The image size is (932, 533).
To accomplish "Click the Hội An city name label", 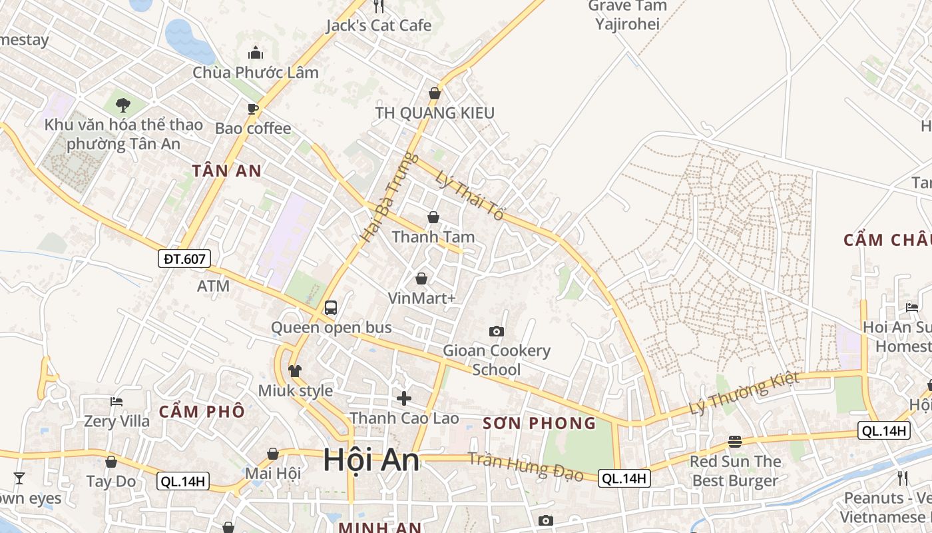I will pyautogui.click(x=371, y=460).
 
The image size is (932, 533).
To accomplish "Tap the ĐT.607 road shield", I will pyautogui.click(x=184, y=259).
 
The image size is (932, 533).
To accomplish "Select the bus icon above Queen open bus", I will pyautogui.click(x=331, y=308).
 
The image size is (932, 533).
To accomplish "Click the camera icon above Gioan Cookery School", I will pyautogui.click(x=496, y=331).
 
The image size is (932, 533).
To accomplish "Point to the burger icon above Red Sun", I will pyautogui.click(x=735, y=441).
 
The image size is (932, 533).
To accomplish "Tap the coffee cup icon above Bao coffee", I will pyautogui.click(x=252, y=109).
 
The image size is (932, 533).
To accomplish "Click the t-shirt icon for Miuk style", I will pyautogui.click(x=295, y=370).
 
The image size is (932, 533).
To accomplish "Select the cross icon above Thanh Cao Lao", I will pyautogui.click(x=404, y=398).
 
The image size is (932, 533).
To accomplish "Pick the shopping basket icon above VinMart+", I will pyautogui.click(x=421, y=278).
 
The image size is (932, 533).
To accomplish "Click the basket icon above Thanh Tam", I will pyautogui.click(x=433, y=217).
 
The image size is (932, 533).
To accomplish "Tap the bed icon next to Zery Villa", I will pyautogui.click(x=116, y=401).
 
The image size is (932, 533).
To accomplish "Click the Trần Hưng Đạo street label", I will pyautogui.click(x=525, y=466).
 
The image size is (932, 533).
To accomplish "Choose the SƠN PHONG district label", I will pyautogui.click(x=539, y=423).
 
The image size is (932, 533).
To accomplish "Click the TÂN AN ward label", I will pyautogui.click(x=227, y=171).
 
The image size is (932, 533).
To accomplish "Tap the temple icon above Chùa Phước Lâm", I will pyautogui.click(x=255, y=53).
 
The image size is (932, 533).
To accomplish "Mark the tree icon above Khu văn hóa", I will pyautogui.click(x=122, y=105).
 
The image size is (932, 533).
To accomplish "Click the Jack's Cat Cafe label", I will pyautogui.click(x=379, y=26).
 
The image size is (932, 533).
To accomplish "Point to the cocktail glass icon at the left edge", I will pyautogui.click(x=19, y=478).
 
